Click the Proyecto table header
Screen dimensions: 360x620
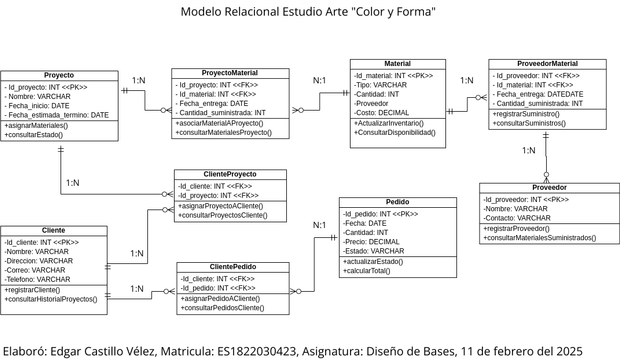(59, 75)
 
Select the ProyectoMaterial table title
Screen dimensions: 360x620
(230, 73)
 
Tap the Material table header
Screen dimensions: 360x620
(398, 63)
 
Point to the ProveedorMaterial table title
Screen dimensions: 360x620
(547, 64)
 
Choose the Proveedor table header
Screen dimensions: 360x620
(548, 187)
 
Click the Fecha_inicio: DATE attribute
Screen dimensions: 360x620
(39, 105)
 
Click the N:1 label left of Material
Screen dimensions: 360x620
(320, 81)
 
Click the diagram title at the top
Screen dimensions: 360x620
(308, 13)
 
